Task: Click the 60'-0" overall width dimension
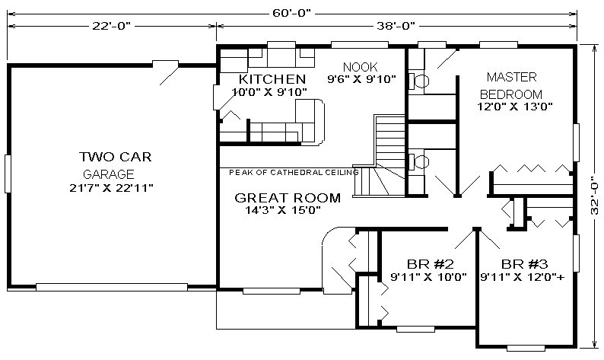291,13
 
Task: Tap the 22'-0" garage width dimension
111,26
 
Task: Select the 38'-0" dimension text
396,26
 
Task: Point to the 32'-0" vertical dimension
594,196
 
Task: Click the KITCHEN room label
272,79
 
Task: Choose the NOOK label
360,67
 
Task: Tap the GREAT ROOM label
288,198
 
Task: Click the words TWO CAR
115,157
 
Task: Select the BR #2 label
431,264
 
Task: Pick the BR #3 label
524,264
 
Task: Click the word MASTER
511,77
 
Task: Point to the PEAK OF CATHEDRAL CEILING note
294,172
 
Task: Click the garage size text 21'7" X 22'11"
111,188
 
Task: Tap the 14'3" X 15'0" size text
283,210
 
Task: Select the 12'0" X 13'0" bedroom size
515,107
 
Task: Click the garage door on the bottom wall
112,287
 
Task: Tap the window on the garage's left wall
8,174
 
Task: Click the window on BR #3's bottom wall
526,348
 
